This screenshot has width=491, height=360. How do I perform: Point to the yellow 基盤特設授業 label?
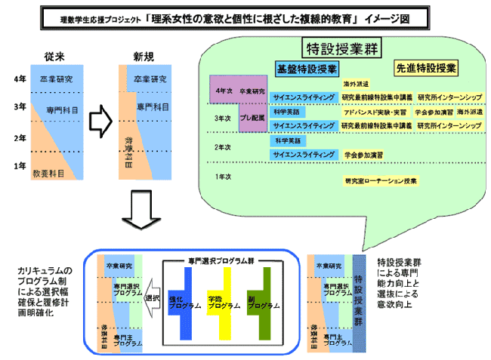(305, 68)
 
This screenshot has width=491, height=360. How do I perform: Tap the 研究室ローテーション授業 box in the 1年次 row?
(381, 181)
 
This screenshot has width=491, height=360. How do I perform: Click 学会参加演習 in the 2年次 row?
(363, 154)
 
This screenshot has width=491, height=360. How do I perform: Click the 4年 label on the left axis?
(20, 79)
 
